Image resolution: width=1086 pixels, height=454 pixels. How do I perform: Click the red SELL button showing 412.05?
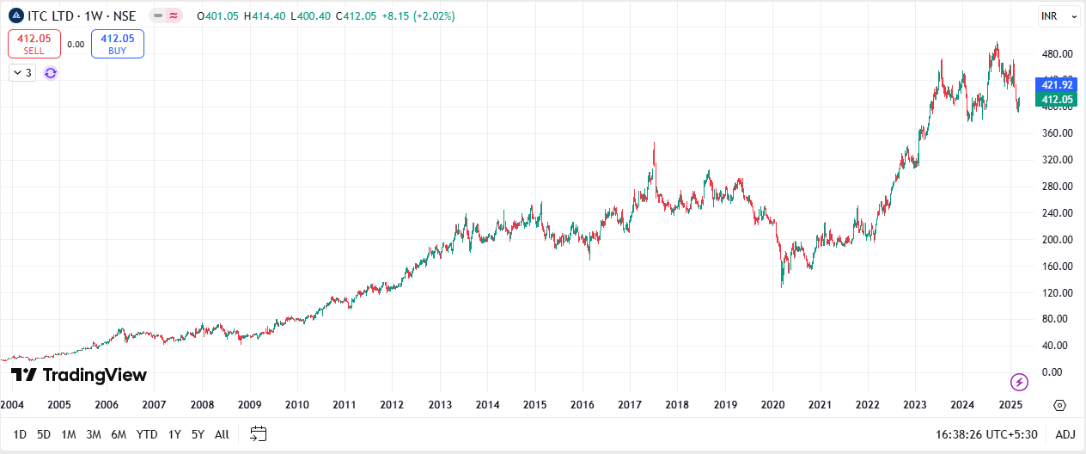[34, 44]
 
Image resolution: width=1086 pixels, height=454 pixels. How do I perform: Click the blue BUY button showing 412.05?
[117, 44]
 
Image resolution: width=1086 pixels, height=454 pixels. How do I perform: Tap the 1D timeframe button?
[20, 434]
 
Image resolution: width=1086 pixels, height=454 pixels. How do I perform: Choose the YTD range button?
[147, 434]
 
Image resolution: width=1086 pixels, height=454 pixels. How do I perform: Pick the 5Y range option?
[198, 434]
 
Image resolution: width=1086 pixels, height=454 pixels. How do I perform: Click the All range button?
[222, 434]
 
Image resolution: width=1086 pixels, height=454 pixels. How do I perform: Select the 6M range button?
[119, 434]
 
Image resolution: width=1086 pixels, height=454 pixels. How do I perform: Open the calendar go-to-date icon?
[259, 434]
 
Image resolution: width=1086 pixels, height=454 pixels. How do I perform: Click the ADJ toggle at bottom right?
[1065, 434]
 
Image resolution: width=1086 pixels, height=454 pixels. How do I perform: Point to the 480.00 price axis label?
[1057, 54]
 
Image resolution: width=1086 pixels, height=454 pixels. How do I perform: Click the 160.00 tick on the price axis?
[1057, 267]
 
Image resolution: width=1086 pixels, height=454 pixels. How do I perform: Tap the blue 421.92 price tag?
[1057, 84]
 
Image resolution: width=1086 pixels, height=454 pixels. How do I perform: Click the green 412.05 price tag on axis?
[1057, 100]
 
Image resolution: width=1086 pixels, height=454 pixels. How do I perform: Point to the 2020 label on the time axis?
[773, 404]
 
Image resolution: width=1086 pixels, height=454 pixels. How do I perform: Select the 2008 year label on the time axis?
[202, 404]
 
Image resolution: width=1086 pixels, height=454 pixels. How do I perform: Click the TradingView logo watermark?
[79, 375]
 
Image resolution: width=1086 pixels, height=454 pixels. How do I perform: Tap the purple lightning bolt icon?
[1019, 382]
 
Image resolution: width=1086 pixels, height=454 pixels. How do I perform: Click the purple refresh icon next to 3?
[51, 73]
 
